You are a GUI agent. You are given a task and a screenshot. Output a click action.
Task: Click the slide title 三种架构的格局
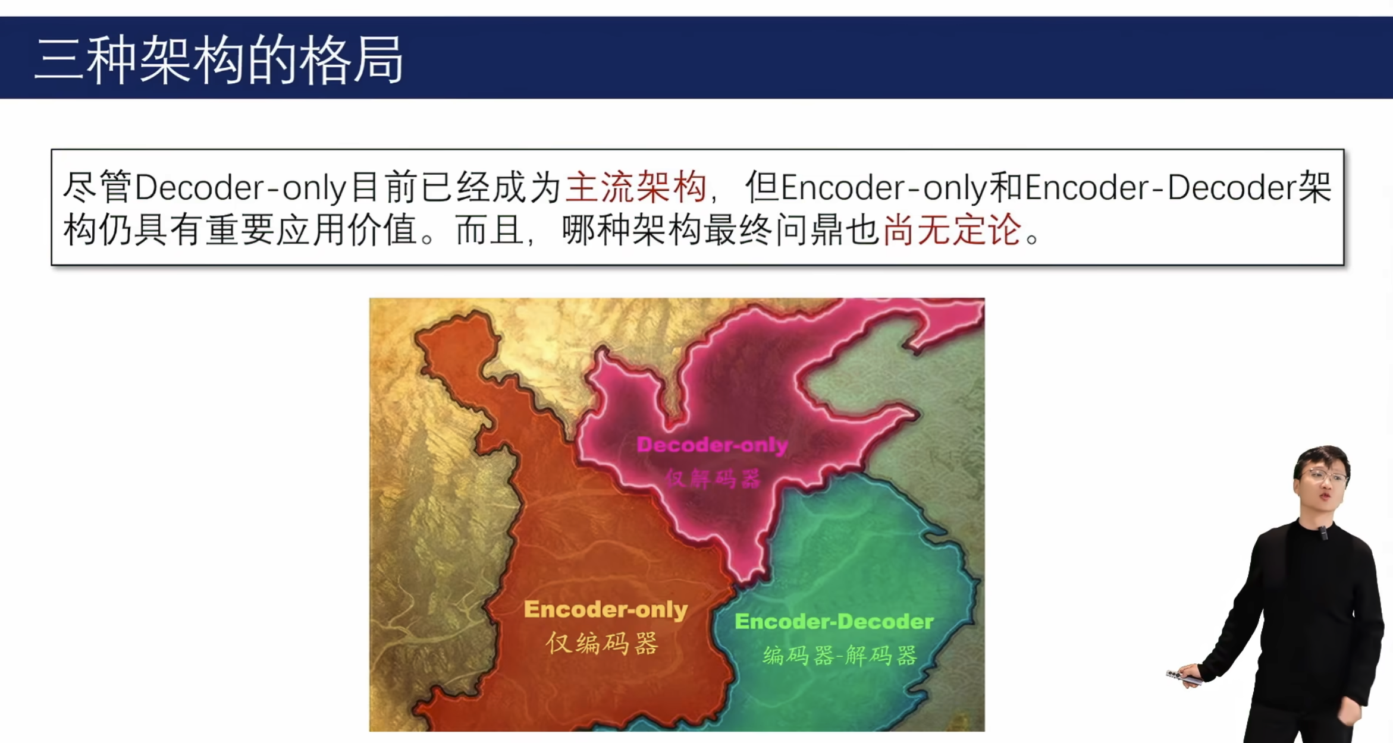point(219,59)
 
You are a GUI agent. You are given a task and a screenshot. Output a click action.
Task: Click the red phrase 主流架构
point(636,187)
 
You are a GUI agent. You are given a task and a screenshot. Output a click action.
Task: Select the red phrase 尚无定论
point(952,229)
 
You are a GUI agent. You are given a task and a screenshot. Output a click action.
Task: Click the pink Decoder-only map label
point(712,445)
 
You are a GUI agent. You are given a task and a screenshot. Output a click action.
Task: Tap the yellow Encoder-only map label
point(605,610)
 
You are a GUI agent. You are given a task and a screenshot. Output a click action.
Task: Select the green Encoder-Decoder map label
point(834,622)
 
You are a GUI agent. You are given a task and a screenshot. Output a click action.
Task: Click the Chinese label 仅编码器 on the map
point(602,643)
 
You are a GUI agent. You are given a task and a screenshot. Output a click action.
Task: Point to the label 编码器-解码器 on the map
point(839,656)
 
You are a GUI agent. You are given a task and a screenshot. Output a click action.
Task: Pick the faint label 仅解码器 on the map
point(713,478)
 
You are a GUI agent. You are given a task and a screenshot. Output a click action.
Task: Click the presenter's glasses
point(1324,476)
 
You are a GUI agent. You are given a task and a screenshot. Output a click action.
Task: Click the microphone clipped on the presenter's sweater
point(1323,533)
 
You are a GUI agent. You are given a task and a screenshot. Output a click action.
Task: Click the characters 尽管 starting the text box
point(98,187)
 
